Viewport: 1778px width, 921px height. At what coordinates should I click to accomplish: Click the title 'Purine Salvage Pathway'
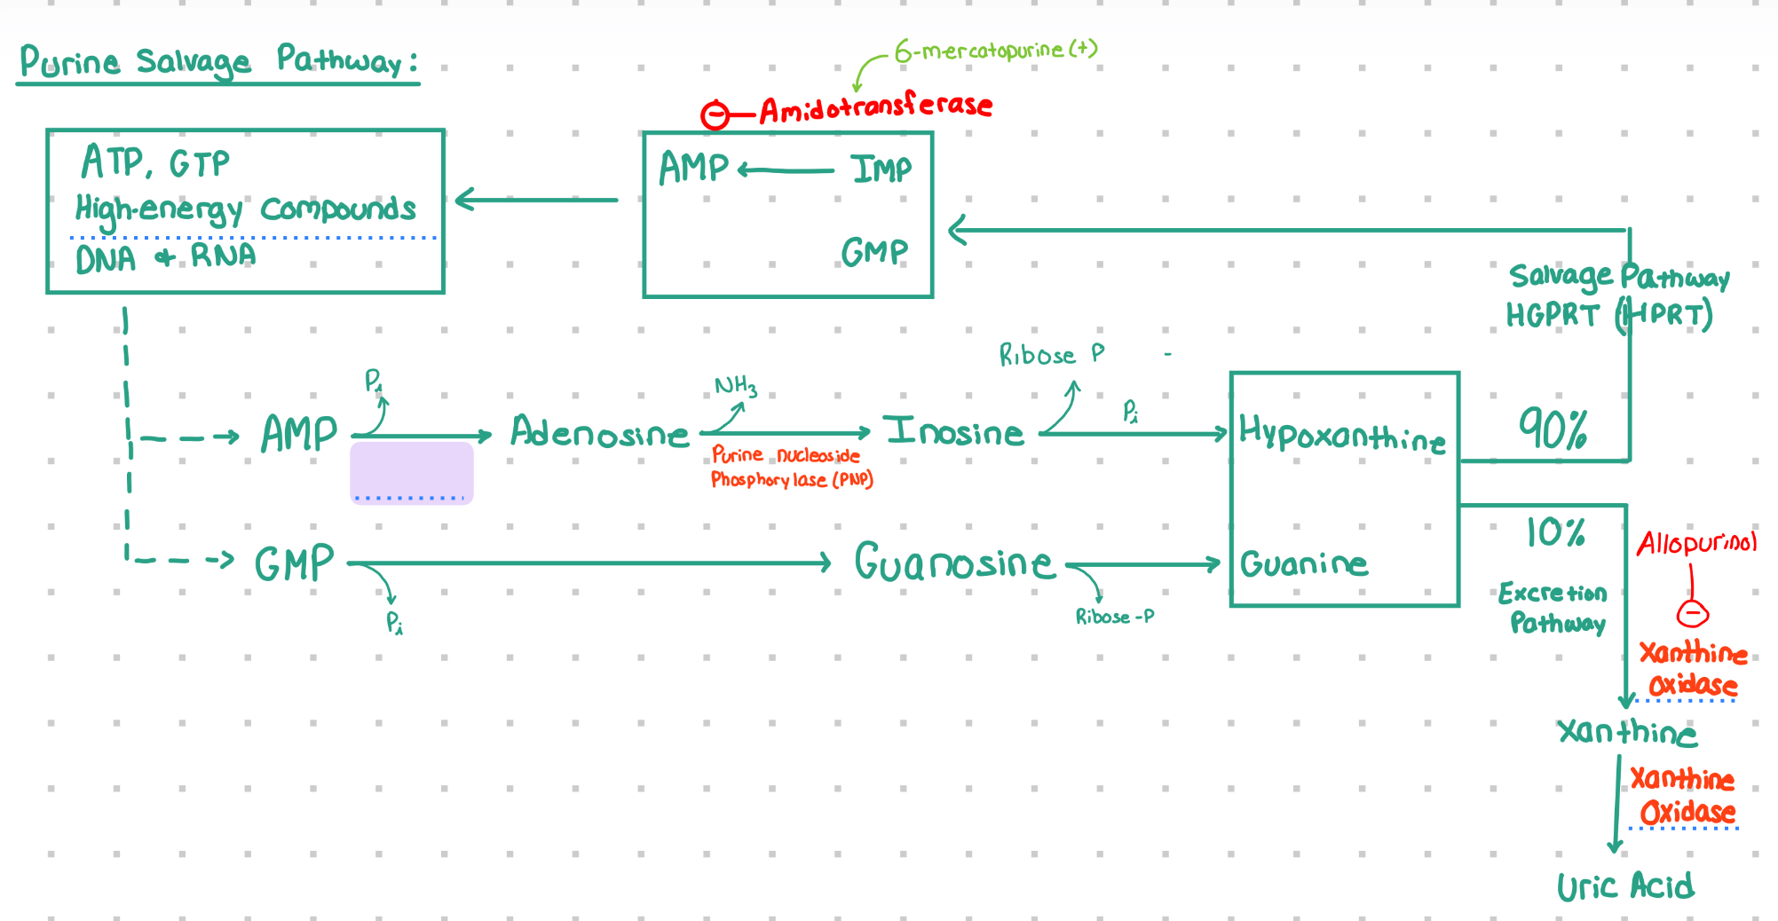pos(218,60)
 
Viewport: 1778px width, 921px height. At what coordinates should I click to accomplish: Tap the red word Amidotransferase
pos(875,106)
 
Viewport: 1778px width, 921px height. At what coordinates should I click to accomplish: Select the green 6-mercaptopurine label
pos(996,50)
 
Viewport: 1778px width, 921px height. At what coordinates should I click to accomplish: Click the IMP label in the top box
pos(881,169)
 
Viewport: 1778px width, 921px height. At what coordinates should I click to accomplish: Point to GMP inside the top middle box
pos(874,252)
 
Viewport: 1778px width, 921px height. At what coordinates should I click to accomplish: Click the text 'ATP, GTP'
pos(155,161)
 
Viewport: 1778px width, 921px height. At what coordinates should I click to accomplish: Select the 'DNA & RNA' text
pos(166,257)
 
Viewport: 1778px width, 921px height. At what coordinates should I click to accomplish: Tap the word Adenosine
pos(599,432)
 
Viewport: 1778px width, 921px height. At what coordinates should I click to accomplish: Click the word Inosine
pos(954,431)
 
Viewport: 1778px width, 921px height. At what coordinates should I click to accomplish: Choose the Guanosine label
pos(954,561)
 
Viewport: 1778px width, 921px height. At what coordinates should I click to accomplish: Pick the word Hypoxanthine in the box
pos(1342,434)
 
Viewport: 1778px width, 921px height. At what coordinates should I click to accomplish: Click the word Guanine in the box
pos(1304,563)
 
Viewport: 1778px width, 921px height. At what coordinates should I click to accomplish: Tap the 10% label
pos(1555,531)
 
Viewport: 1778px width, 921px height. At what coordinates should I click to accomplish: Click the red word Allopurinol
pos(1696,542)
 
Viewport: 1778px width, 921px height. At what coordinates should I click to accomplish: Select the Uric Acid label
pos(1625,886)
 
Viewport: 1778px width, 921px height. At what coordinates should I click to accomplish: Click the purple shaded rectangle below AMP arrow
pos(412,473)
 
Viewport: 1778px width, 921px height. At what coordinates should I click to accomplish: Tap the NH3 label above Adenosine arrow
pos(736,386)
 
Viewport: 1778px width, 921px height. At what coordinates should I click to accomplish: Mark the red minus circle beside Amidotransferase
pos(715,115)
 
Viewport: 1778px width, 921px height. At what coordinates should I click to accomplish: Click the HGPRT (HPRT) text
pos(1609,315)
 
